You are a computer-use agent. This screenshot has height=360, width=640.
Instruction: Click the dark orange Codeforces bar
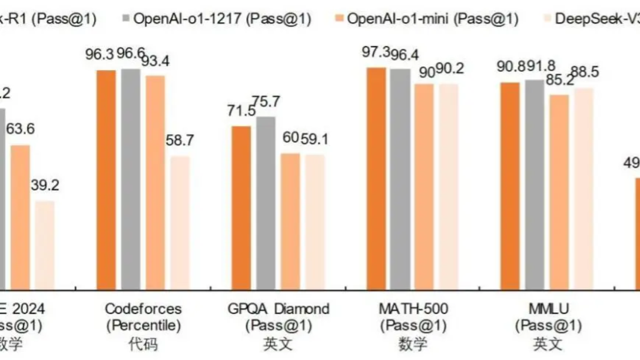click(x=106, y=180)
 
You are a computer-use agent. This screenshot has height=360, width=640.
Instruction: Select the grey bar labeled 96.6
click(x=131, y=179)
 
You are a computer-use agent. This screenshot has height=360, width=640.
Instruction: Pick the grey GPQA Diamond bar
click(x=266, y=203)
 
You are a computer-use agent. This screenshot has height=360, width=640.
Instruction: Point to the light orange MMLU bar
click(x=559, y=192)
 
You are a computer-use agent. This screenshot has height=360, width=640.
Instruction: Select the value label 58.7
click(x=180, y=141)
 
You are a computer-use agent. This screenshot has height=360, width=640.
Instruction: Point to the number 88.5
click(x=583, y=72)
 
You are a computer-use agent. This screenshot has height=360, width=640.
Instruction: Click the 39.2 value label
click(x=44, y=186)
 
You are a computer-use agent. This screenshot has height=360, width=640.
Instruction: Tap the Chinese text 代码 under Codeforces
click(x=143, y=344)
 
